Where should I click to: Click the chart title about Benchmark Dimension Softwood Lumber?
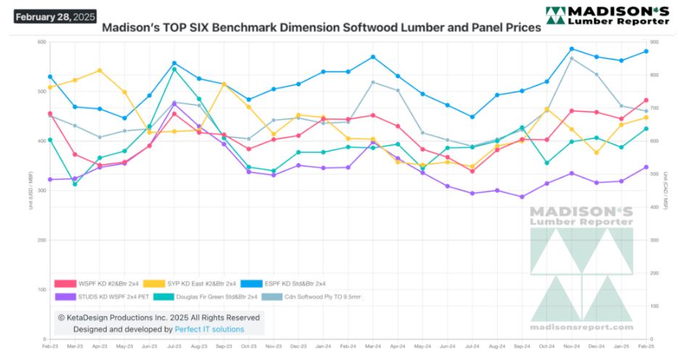coord(321,28)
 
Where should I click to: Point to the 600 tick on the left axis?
coord(41,42)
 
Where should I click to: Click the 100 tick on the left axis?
coord(41,290)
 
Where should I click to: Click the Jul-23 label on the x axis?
coord(173,348)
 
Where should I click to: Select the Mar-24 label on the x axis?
coord(373,348)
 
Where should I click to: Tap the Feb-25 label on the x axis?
coord(645,348)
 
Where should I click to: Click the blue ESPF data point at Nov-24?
coord(572,49)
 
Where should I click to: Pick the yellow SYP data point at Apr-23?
coord(99,70)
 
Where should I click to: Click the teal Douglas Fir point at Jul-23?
coord(174,69)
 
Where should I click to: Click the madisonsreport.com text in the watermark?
coord(581,327)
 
